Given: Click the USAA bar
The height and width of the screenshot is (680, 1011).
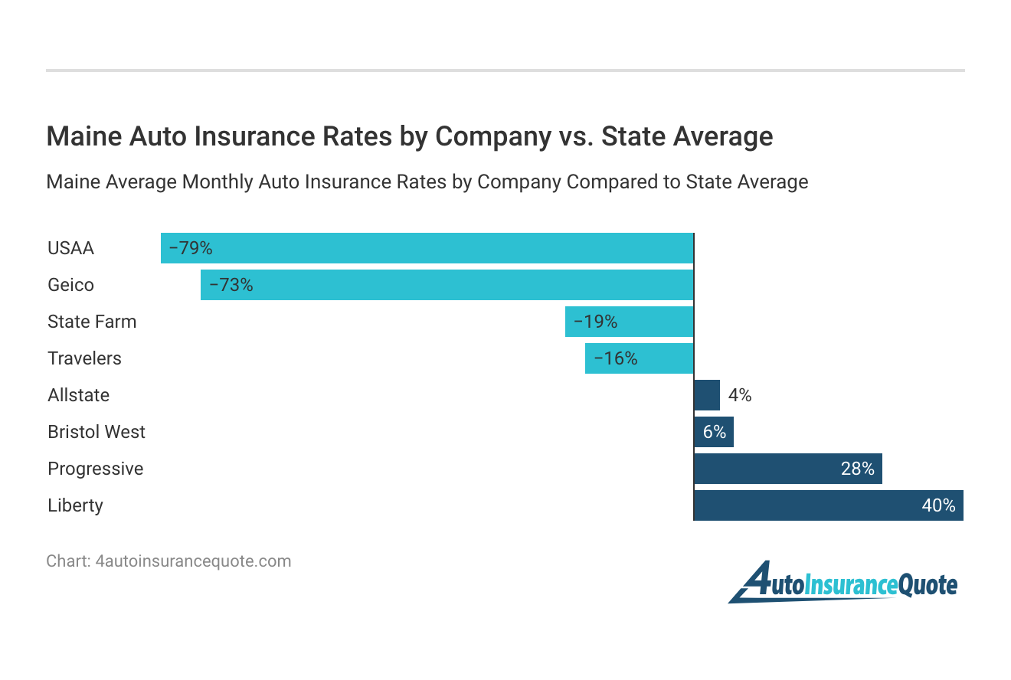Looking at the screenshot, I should (427, 248).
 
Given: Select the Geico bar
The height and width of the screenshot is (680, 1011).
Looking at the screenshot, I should (447, 285).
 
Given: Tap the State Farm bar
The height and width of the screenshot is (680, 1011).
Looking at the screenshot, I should (629, 322).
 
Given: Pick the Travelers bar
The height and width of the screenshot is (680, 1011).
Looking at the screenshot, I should (639, 358).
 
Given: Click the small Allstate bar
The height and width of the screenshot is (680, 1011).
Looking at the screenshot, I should (707, 395).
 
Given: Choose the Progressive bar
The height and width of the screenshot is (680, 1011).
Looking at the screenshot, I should (788, 469).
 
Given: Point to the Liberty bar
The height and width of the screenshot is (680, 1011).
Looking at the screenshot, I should (829, 505).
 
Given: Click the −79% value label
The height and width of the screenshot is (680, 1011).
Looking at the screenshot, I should (190, 248).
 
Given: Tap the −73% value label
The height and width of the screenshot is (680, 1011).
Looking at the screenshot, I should (231, 285).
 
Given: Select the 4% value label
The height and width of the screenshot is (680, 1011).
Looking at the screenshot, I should (740, 395).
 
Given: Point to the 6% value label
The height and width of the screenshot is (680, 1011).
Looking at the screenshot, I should (714, 432).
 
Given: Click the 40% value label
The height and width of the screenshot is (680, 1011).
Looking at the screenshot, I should (938, 505).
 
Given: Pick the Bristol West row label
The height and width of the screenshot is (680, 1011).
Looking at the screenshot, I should (97, 432).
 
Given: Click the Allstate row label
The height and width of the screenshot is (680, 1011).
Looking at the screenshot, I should (78, 395).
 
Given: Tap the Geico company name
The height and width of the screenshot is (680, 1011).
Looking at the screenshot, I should (70, 285).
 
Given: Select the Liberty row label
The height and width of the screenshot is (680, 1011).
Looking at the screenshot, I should (75, 505).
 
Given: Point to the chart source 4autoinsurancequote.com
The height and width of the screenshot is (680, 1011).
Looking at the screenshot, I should (193, 561).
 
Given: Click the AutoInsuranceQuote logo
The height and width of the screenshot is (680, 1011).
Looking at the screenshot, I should (842, 584).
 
